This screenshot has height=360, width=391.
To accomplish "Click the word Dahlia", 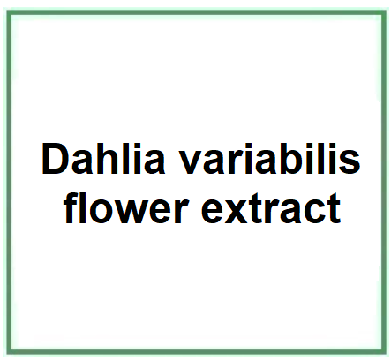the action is point(103,159).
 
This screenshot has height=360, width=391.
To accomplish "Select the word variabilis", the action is point(270,159).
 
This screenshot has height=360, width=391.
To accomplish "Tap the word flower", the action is point(126,208).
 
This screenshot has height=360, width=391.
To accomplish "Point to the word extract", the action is point(271,209).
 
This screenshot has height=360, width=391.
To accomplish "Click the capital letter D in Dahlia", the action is point(56,159).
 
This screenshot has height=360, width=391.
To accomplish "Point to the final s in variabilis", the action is point(350,163).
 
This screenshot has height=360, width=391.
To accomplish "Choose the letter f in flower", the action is point(71,208).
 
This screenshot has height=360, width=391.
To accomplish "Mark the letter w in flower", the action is point(136,213).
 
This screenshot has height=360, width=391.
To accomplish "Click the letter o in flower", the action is point(102,213).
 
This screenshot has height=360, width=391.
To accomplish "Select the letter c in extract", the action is point(314,213).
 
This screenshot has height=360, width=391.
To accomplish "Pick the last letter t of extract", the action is point(335,209).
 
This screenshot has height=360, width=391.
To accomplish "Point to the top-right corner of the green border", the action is point(384,12).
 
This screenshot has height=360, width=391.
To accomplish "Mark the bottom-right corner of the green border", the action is point(384,352).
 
